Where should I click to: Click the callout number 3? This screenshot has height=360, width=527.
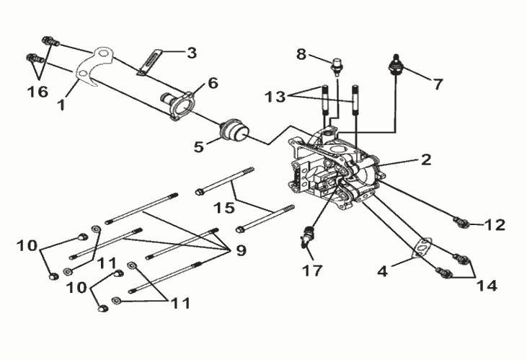pyautogui.click(x=192, y=53)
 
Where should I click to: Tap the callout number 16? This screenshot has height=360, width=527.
pyautogui.click(x=37, y=92)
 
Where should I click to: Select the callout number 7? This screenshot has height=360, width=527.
pyautogui.click(x=437, y=84)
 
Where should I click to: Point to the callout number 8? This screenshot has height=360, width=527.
pyautogui.click(x=301, y=54)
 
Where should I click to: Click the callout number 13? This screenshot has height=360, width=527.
pyautogui.click(x=275, y=97)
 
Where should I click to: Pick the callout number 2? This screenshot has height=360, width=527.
pyautogui.click(x=425, y=159)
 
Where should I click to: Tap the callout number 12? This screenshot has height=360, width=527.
pyautogui.click(x=495, y=225)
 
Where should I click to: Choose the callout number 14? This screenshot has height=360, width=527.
pyautogui.click(x=487, y=286)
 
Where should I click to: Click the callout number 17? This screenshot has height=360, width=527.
pyautogui.click(x=313, y=270)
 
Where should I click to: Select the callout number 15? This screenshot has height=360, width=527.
pyautogui.click(x=224, y=208)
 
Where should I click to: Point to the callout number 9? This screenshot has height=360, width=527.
pyautogui.click(x=241, y=250)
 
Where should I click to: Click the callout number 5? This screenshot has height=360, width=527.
pyautogui.click(x=199, y=146)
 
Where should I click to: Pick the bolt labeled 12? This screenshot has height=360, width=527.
pyautogui.click(x=461, y=221)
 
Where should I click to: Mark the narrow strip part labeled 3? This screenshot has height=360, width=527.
pyautogui.click(x=150, y=62)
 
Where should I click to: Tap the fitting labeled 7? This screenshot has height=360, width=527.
pyautogui.click(x=396, y=65)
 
